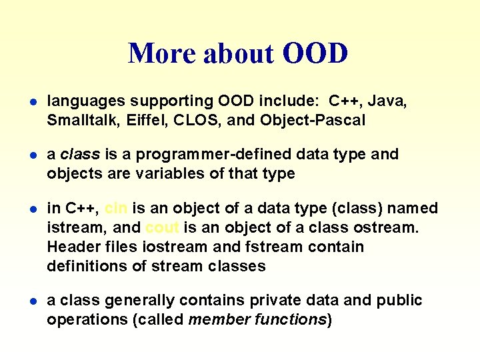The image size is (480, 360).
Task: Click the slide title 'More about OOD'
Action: click(x=238, y=53)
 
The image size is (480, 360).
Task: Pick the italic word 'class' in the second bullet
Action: click(x=80, y=155)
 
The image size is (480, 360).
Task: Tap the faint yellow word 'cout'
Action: click(x=161, y=227)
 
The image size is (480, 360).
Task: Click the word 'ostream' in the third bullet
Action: click(x=389, y=227)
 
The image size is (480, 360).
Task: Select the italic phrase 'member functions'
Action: click(x=257, y=319)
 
